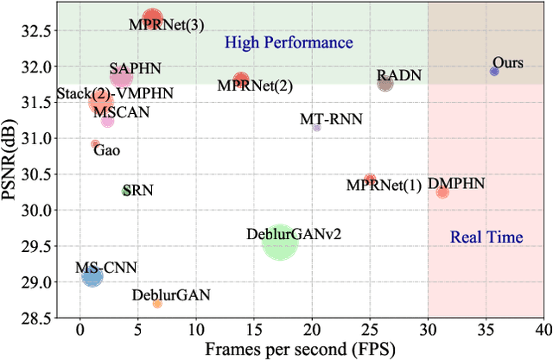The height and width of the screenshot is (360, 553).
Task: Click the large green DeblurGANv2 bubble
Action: click(x=279, y=245)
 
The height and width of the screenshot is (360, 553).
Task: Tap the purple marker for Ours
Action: click(x=494, y=72)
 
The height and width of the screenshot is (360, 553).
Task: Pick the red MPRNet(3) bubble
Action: click(x=153, y=16)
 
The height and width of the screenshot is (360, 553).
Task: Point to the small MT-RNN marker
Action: click(x=316, y=128)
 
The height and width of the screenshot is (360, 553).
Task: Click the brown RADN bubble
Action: click(x=385, y=84)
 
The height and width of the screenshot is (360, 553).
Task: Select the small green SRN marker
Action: click(x=126, y=191)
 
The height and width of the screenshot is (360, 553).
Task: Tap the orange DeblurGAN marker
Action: click(x=157, y=304)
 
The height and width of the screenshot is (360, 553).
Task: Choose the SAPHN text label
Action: click(x=135, y=67)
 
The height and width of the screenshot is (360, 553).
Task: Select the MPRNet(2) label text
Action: click(x=255, y=86)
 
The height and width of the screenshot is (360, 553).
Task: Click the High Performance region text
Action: click(x=289, y=42)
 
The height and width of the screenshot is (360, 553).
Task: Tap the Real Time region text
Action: click(x=486, y=237)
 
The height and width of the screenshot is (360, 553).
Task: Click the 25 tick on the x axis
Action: click(x=370, y=330)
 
